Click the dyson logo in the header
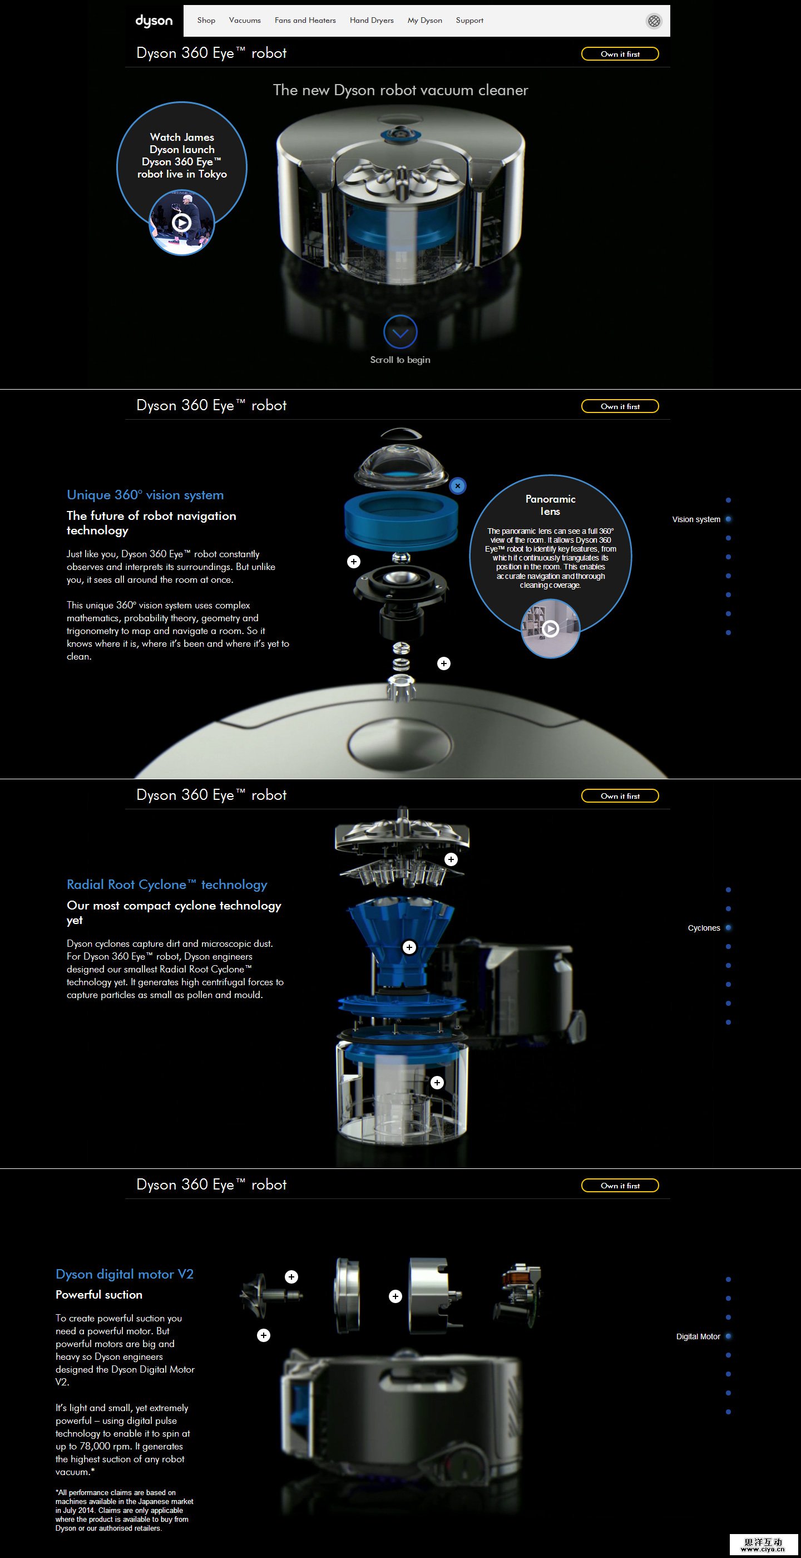pyautogui.click(x=154, y=21)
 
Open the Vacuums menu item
pyautogui.click(x=245, y=21)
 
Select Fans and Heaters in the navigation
pyautogui.click(x=305, y=21)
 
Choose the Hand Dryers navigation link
pyautogui.click(x=372, y=21)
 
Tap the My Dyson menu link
pyautogui.click(x=425, y=21)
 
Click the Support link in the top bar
pyautogui.click(x=469, y=21)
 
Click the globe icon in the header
pyautogui.click(x=654, y=21)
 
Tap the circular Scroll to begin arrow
pyautogui.click(x=400, y=331)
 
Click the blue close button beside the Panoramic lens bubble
pyautogui.click(x=458, y=486)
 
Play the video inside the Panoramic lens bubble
pyautogui.click(x=550, y=629)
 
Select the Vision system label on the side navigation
pyautogui.click(x=696, y=519)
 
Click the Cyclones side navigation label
pyautogui.click(x=704, y=928)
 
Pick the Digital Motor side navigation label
pyautogui.click(x=698, y=1336)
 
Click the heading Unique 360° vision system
pyautogui.click(x=145, y=495)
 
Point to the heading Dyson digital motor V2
pyautogui.click(x=125, y=1274)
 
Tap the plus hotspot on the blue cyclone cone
pyautogui.click(x=409, y=947)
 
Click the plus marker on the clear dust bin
pyautogui.click(x=437, y=1083)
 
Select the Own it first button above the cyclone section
pyautogui.click(x=620, y=796)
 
